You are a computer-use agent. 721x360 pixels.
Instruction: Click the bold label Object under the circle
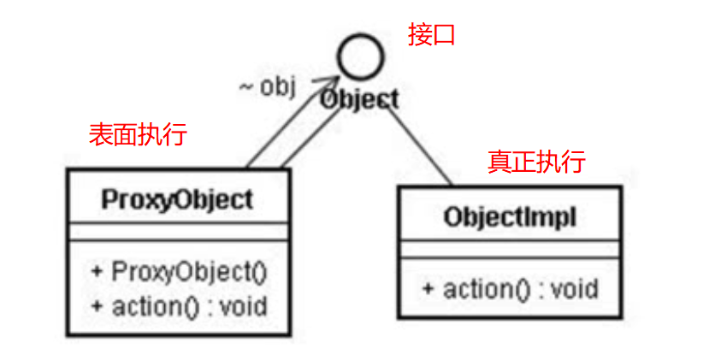click(359, 99)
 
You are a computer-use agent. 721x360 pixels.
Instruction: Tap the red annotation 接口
click(432, 36)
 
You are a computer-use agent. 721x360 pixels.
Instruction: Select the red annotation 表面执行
click(138, 134)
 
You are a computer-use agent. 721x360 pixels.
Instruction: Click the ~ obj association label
click(267, 87)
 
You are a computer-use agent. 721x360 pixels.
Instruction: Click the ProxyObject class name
click(177, 199)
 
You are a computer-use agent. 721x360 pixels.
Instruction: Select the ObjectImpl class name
click(510, 217)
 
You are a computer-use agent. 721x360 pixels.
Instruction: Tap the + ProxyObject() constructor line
click(179, 273)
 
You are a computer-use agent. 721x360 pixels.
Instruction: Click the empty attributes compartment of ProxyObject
click(178, 233)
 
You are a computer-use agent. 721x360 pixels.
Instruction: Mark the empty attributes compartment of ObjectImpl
click(510, 249)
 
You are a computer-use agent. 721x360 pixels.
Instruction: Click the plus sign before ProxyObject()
click(97, 273)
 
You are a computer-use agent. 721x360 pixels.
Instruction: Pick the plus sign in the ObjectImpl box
click(428, 288)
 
